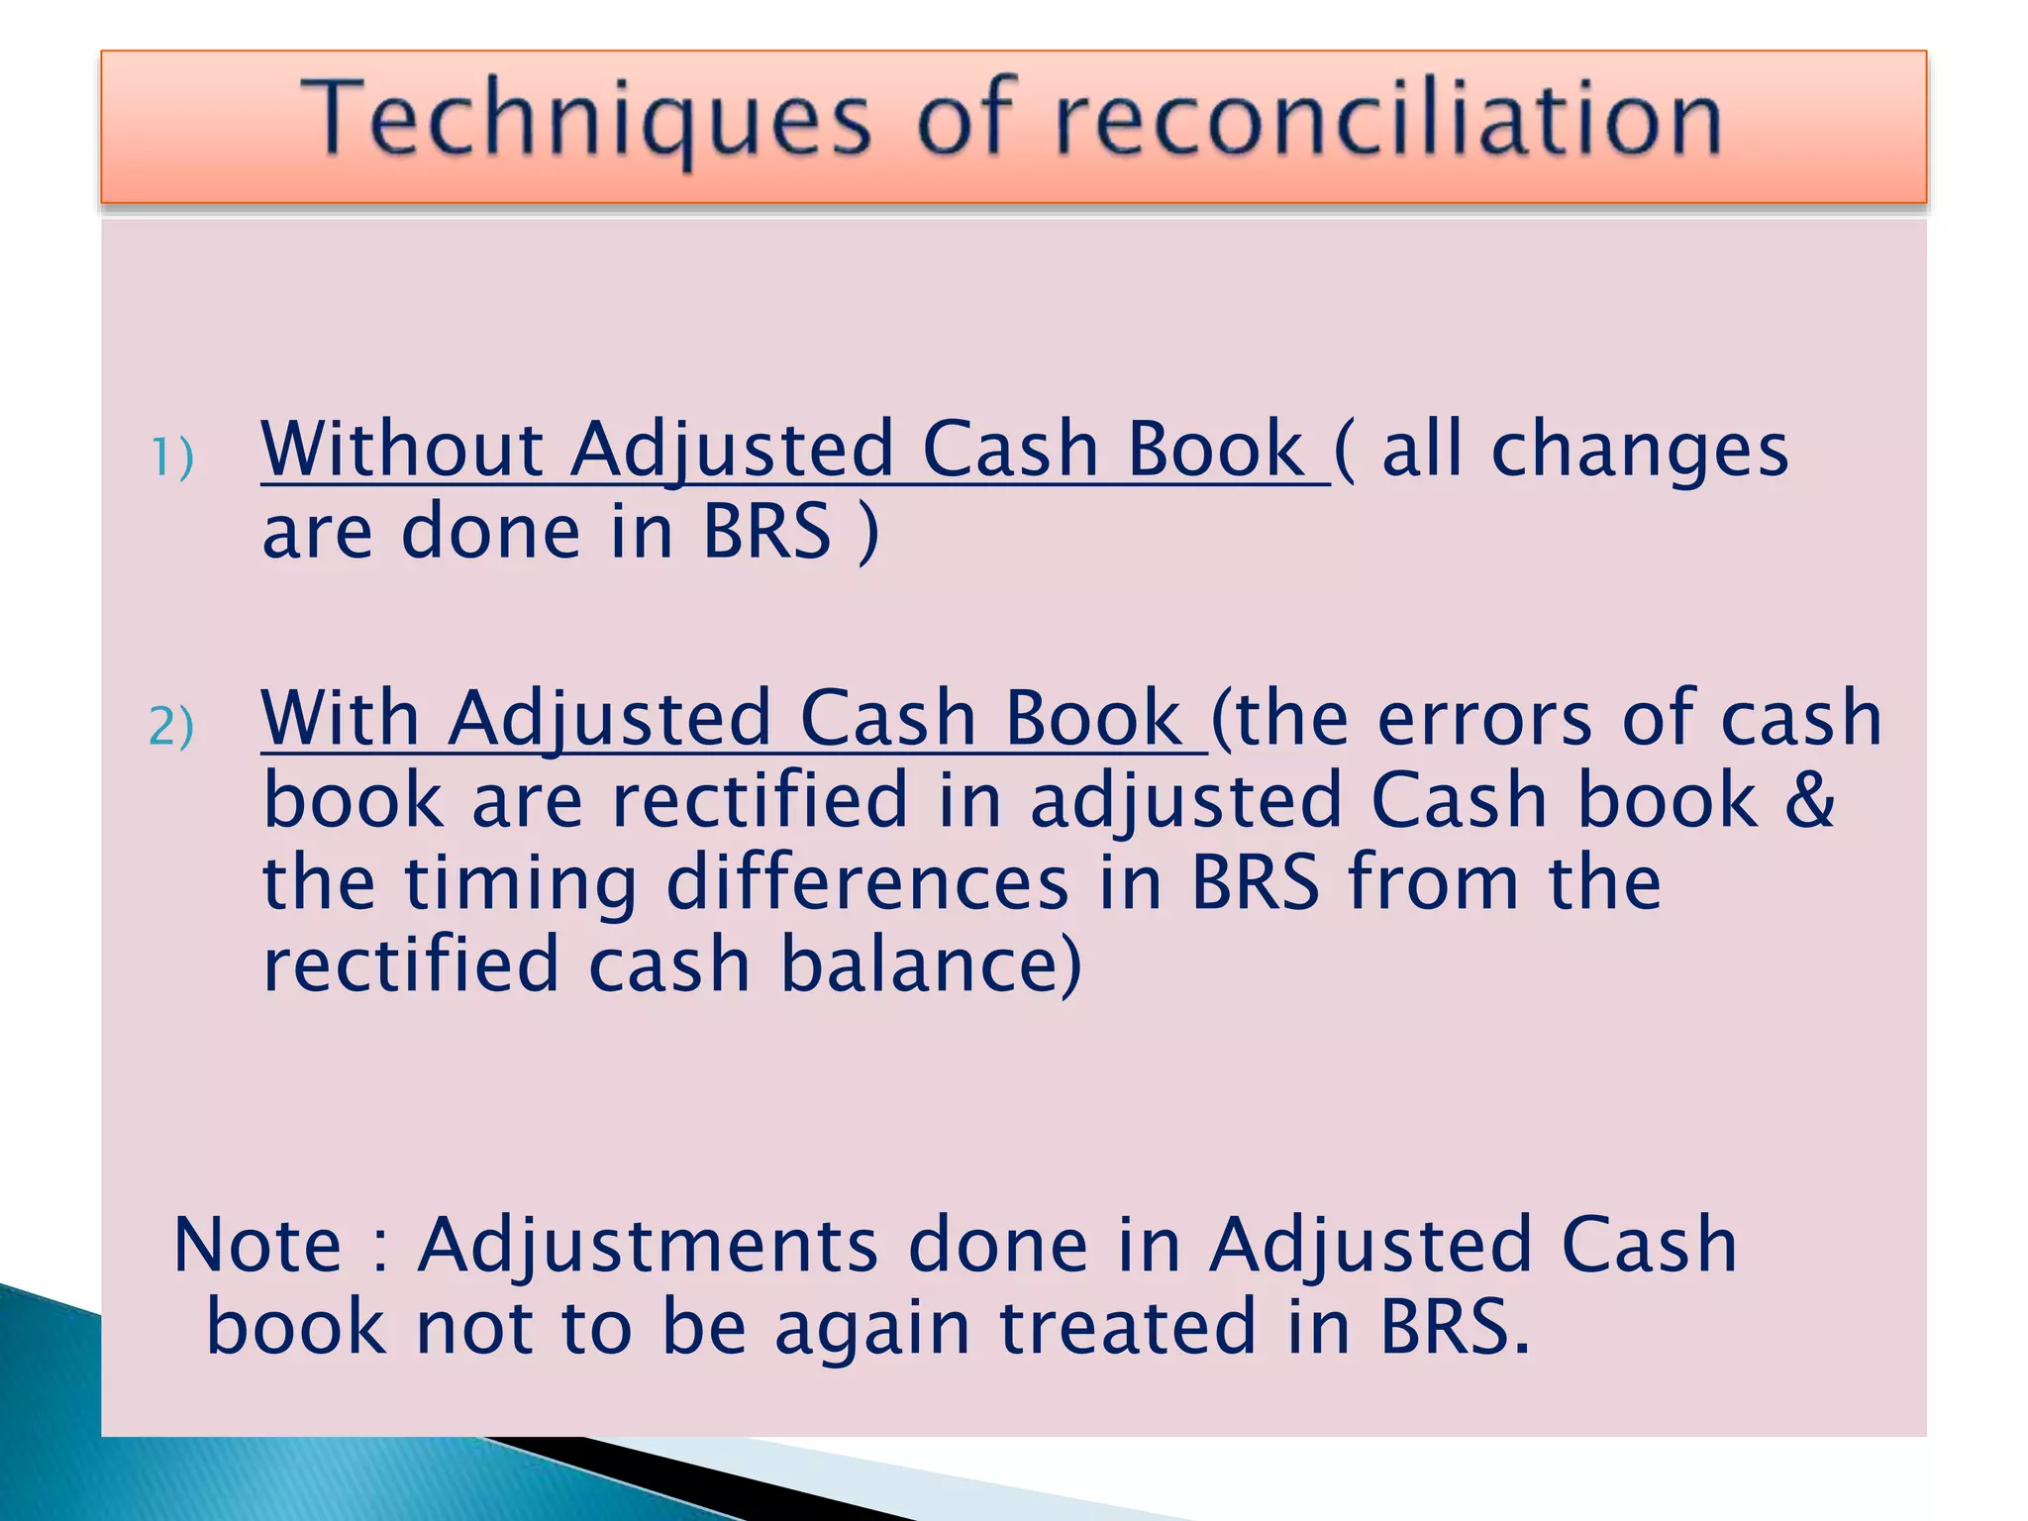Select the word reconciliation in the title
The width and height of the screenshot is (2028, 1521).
pos(1387,121)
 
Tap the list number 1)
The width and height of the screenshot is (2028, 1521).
pos(172,457)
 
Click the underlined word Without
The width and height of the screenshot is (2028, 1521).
pos(401,450)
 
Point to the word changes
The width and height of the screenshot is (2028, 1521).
pos(1639,452)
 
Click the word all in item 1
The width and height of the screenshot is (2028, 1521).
pos(1421,450)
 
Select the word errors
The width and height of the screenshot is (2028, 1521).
pos(1485,719)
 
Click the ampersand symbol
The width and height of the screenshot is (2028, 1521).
pos(1809,800)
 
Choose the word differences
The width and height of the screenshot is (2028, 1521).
pos(867,882)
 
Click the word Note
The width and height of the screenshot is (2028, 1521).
pos(257,1245)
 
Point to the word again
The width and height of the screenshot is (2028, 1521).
pos(872,1330)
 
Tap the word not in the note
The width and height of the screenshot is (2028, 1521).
pos(471,1328)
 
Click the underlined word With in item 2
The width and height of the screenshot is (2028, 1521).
pos(341,719)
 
